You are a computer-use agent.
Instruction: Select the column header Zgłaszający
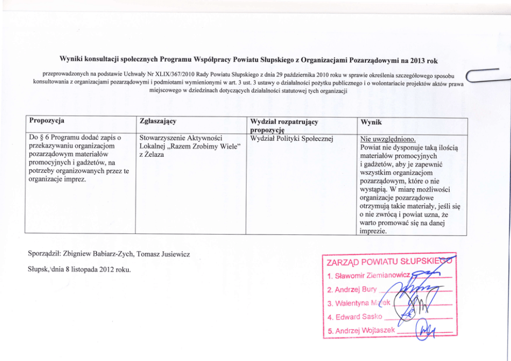pos(158,121)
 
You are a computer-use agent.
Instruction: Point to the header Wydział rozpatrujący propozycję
pos(283,126)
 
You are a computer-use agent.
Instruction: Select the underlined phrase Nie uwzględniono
pos(388,139)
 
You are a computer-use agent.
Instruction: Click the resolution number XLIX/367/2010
pos(169,75)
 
